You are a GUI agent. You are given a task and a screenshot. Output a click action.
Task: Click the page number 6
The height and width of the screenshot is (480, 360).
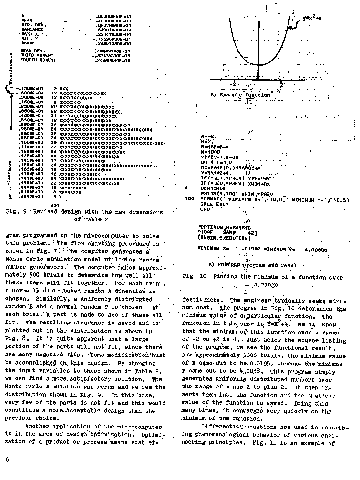[7, 459]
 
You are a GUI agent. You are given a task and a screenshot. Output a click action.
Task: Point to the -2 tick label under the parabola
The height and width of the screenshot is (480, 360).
[233, 84]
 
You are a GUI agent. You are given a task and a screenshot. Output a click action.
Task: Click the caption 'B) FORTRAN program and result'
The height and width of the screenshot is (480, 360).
[254, 265]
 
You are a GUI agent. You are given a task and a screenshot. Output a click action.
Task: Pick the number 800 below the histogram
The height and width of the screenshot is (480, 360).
[54, 205]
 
